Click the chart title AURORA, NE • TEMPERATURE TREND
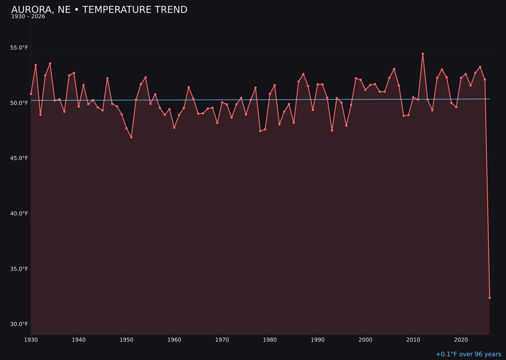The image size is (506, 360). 99,10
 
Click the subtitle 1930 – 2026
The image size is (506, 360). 28,17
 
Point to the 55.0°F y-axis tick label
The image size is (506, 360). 19,48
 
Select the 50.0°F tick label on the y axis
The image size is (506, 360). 19,103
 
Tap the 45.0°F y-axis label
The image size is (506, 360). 19,158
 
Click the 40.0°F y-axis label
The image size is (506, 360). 19,214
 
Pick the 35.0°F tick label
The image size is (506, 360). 19,269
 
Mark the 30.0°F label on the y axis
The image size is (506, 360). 19,324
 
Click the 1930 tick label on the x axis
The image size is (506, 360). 31,340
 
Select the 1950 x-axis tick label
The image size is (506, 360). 126,340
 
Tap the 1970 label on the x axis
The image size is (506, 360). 222,340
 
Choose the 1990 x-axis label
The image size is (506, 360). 318,340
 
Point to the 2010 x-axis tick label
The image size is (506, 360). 413,340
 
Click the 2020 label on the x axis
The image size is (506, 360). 461,340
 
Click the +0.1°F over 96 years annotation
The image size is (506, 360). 468,354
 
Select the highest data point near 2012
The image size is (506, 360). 423,54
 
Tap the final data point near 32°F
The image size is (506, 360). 490,298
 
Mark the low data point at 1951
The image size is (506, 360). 131,137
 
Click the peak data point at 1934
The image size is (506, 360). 50,64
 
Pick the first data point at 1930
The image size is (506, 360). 31,94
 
